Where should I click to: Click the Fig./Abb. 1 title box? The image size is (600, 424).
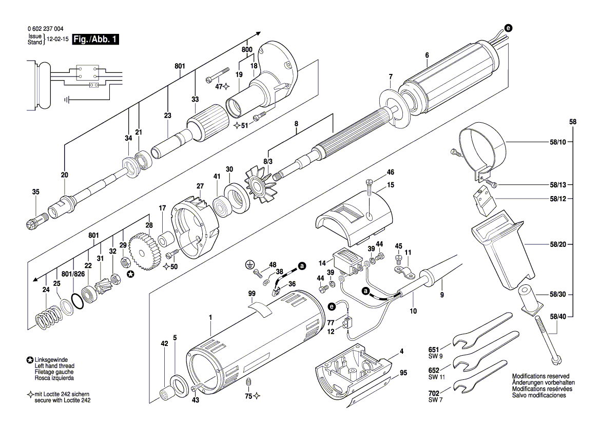click(96, 39)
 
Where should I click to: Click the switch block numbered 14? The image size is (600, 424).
click(347, 261)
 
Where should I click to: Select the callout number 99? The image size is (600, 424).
click(251, 294)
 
